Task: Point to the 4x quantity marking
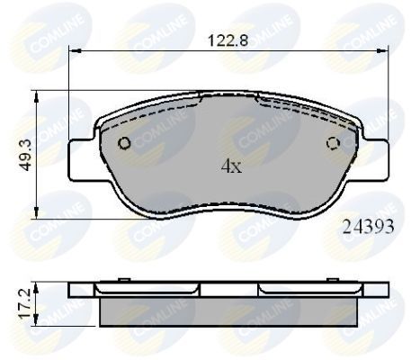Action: point(230,166)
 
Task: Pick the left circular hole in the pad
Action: point(125,143)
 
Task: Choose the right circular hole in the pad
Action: point(333,141)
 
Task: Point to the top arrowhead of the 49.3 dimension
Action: point(36,92)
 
